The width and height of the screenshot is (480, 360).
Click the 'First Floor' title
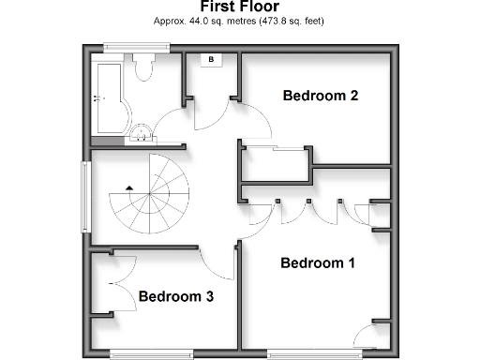coord(239,7)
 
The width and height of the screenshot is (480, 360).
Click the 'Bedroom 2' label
coord(320,96)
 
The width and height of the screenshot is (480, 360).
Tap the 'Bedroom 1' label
coord(318,262)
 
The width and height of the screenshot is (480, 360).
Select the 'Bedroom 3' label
coord(176,296)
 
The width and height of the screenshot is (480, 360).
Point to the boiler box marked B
coord(211,61)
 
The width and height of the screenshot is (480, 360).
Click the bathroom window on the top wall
coord(129,46)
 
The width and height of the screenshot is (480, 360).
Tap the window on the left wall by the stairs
coord(84,194)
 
